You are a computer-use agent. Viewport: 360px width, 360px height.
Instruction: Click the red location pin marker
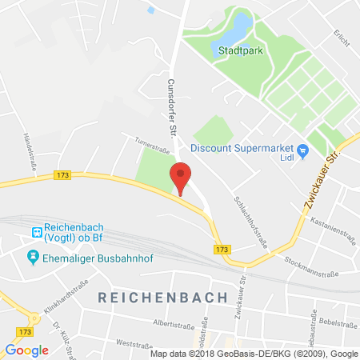pos(182,175)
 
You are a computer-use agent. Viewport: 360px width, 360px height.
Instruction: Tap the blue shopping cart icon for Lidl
pos(303,150)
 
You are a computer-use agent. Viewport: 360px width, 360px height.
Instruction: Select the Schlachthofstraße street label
pos(244,211)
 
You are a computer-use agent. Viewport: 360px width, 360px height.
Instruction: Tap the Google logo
pos(26,350)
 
